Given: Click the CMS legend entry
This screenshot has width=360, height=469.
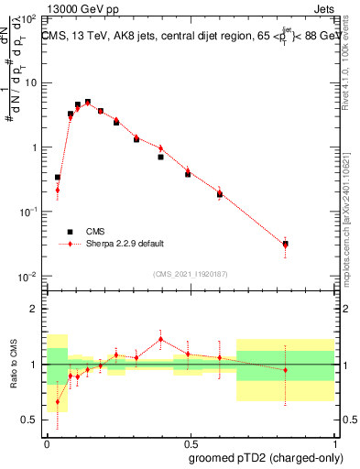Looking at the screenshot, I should pyautogui.click(x=95, y=232).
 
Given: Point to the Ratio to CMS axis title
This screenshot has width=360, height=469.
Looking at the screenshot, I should pyautogui.click(x=16, y=365).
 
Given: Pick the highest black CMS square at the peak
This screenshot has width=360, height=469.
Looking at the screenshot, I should pyautogui.click(x=88, y=103).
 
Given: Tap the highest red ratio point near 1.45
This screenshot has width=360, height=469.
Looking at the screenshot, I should pyautogui.click(x=160, y=339).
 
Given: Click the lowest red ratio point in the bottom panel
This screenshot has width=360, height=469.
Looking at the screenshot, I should pyautogui.click(x=58, y=401).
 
